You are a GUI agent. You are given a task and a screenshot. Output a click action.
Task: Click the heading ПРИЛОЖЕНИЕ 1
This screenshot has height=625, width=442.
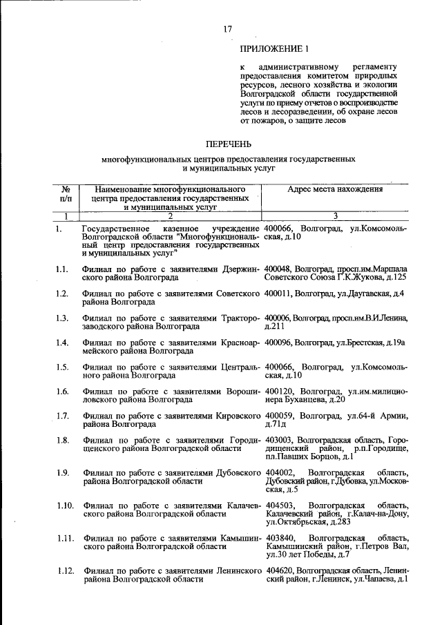tap(271, 50)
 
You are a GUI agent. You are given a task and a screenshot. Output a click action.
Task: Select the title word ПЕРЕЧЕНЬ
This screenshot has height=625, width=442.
tap(228, 144)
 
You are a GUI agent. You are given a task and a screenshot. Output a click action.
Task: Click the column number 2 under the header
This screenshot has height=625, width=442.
tap(169, 216)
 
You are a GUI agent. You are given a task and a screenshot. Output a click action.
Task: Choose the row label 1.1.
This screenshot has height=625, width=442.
tap(63, 269)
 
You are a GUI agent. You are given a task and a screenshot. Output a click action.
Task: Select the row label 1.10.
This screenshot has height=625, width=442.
tap(66, 506)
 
